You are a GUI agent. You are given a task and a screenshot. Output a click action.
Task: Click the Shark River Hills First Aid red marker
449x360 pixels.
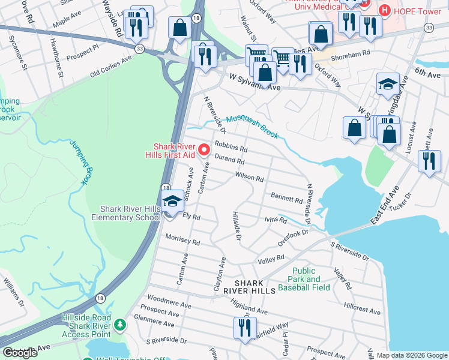[203, 149]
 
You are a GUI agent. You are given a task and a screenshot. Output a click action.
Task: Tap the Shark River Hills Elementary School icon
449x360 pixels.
[172, 202]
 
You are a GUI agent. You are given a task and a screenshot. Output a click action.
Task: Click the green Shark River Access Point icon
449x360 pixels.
[120, 325]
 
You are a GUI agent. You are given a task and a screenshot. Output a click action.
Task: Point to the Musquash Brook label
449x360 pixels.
[252, 127]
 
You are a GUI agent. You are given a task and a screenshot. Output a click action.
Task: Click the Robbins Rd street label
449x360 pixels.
[231, 147]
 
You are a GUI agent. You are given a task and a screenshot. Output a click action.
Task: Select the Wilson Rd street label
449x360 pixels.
[249, 178]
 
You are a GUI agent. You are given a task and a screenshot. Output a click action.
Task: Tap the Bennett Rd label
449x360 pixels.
[286, 198]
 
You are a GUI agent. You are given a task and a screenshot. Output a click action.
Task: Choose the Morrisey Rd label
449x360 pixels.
[182, 240]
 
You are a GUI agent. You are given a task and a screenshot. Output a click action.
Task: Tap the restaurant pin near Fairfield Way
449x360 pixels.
[244, 328]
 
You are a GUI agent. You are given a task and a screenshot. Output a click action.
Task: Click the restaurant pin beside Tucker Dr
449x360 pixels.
[429, 161]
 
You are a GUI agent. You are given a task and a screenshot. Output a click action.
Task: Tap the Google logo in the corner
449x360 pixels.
[20, 353]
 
